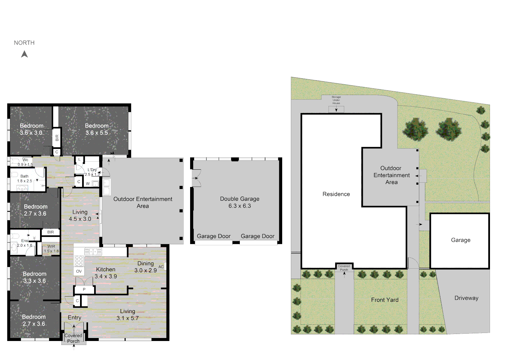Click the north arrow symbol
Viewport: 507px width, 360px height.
pyautogui.click(x=24, y=54)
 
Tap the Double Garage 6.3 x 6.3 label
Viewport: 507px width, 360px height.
pyautogui.click(x=239, y=202)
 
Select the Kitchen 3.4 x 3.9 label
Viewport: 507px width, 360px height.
pyautogui.click(x=106, y=273)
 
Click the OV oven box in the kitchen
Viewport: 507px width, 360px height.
pyautogui.click(x=79, y=271)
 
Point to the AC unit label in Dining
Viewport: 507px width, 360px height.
pyautogui.click(x=161, y=267)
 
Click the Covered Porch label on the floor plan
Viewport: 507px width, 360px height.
pyautogui.click(x=73, y=338)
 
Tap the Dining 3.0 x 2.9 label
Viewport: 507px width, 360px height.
pyautogui.click(x=145, y=267)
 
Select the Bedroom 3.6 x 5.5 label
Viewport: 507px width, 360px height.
pyautogui.click(x=97, y=129)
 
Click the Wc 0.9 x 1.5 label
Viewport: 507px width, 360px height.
pyautogui.click(x=25, y=162)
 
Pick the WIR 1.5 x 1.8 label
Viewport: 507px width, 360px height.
pyautogui.click(x=51, y=249)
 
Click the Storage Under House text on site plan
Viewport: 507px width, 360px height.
pyautogui.click(x=336, y=100)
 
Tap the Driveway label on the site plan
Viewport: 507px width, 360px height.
pyautogui.click(x=466, y=298)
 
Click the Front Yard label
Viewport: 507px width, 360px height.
pyautogui.click(x=385, y=300)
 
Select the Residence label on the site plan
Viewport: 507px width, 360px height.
pyautogui.click(x=336, y=194)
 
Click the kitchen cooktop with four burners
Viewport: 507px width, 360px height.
pyautogui.click(x=79, y=261)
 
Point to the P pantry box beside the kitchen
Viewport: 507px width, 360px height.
pyautogui.click(x=84, y=289)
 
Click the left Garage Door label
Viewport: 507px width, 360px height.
pyautogui.click(x=213, y=236)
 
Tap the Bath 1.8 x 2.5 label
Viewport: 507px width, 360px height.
pyautogui.click(x=25, y=178)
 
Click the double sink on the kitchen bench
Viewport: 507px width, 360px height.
pyautogui.click(x=93, y=252)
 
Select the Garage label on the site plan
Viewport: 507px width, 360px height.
pyautogui.click(x=461, y=240)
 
